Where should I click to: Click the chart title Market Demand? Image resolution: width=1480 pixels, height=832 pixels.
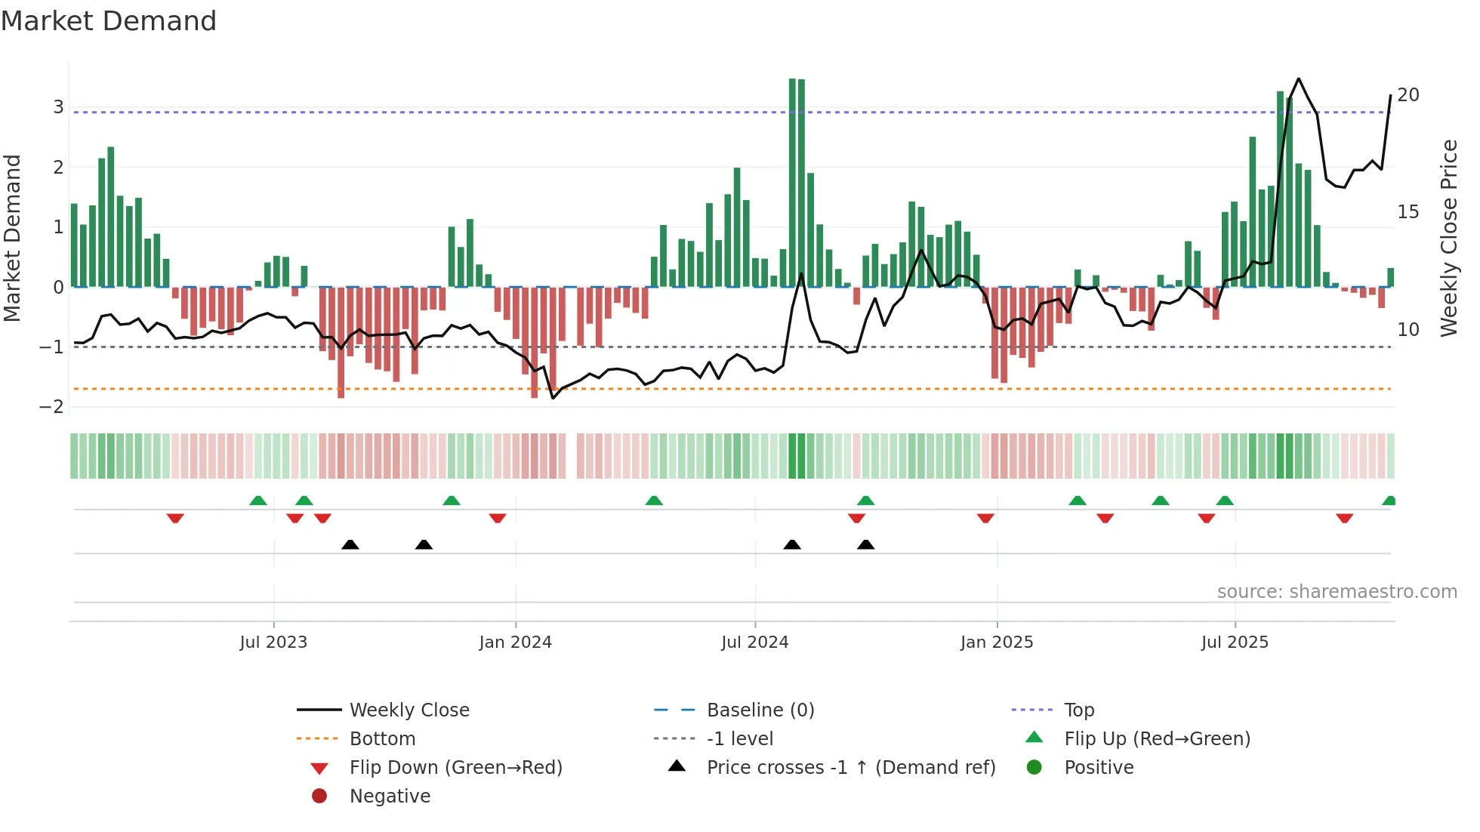[x=109, y=21]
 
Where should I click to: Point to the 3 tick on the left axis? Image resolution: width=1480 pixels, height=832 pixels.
[x=58, y=107]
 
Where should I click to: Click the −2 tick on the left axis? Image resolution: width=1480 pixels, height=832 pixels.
[x=52, y=407]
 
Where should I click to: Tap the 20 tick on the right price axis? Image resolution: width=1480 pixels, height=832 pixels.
[x=1408, y=95]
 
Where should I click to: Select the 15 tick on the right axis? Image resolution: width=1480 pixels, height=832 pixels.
[x=1408, y=212]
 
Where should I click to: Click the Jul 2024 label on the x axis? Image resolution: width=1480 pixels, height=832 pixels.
[x=754, y=642]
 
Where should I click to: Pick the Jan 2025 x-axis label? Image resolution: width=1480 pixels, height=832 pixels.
[x=997, y=642]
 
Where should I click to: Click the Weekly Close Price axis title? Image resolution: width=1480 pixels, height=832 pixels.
[x=1448, y=238]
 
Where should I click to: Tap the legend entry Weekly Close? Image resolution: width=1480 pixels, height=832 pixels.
[x=409, y=710]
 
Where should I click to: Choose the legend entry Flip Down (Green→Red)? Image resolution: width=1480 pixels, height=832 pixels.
[x=455, y=768]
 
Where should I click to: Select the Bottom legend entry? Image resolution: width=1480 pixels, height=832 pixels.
[x=382, y=739]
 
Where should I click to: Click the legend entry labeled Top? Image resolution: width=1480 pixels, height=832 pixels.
[x=1079, y=710]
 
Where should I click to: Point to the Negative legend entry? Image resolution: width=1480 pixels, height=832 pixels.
[x=390, y=797]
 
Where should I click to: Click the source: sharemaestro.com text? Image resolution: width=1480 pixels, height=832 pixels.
[x=1337, y=592]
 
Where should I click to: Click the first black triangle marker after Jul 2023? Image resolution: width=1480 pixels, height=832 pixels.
[x=350, y=544]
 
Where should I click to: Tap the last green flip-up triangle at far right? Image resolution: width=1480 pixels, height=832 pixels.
[x=1389, y=501]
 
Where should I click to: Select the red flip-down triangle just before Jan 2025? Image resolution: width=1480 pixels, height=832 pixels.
[x=985, y=518]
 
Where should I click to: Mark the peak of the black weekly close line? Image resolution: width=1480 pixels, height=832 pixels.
[x=1298, y=79]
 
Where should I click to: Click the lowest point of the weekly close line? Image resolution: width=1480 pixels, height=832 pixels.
[x=553, y=398]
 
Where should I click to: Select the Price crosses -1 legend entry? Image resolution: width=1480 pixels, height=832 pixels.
[x=850, y=768]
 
